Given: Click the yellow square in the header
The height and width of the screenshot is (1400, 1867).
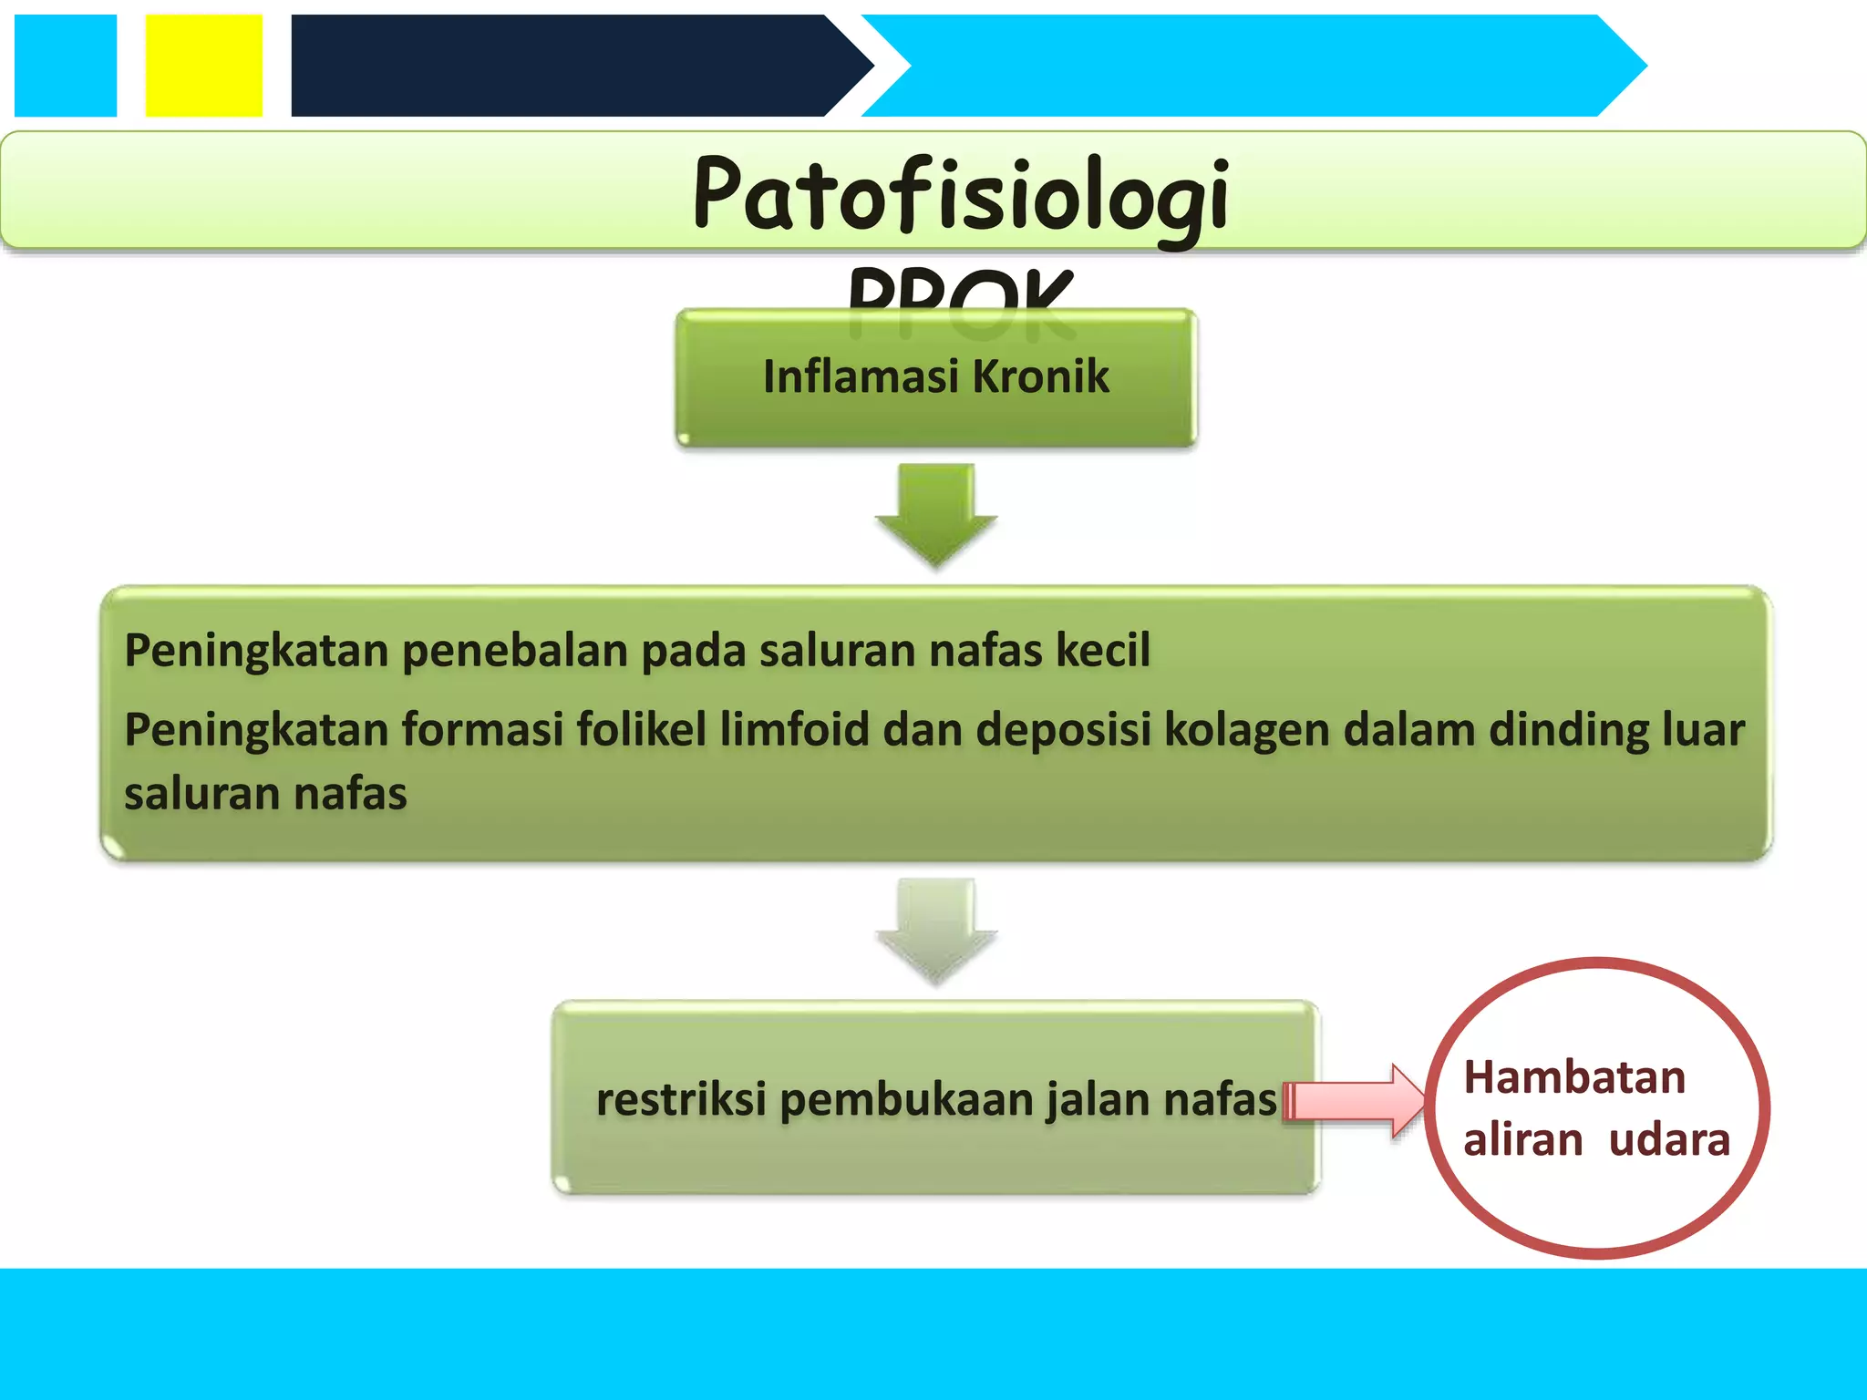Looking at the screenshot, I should click(x=203, y=66).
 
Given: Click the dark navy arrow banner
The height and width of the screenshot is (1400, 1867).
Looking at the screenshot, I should click(x=565, y=66).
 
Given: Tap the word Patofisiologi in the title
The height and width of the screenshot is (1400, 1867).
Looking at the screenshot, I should click(x=961, y=193).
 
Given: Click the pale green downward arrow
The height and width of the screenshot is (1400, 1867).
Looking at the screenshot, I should click(x=936, y=928).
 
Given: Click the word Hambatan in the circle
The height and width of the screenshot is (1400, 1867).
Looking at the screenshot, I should click(x=1574, y=1077).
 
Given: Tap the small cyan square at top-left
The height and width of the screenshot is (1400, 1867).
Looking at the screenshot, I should click(x=66, y=66).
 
